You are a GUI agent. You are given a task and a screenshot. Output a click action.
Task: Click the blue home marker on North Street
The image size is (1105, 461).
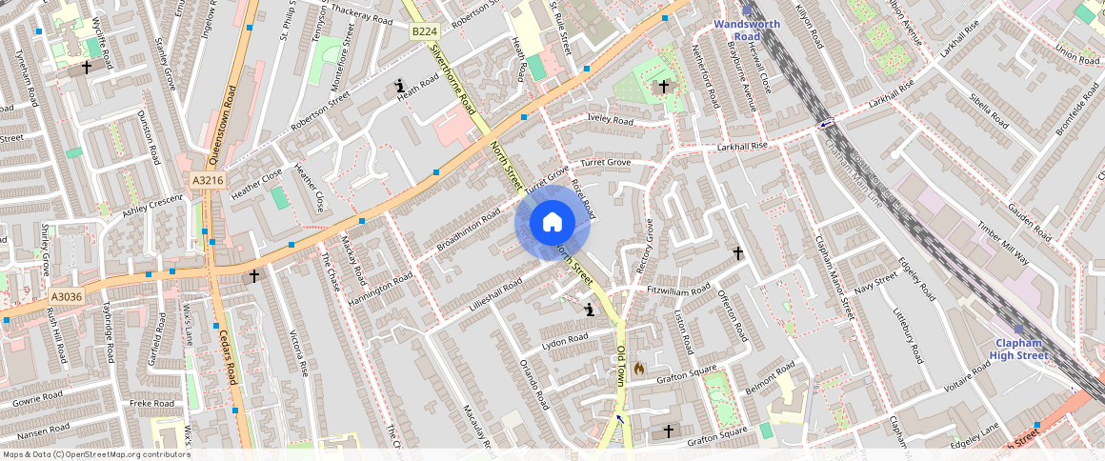point(552,223)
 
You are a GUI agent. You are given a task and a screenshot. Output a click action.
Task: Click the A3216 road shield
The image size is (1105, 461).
point(207,180)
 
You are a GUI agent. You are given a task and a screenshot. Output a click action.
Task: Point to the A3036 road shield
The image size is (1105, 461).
point(67,297)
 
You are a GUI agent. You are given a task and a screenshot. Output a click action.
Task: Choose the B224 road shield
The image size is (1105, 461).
point(423,32)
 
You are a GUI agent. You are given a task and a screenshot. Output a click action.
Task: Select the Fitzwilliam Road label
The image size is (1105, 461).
point(678,288)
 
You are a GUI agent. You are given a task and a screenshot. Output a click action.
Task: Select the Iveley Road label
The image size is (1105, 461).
point(611,121)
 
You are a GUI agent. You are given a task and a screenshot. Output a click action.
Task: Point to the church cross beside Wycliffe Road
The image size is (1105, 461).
point(87,68)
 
